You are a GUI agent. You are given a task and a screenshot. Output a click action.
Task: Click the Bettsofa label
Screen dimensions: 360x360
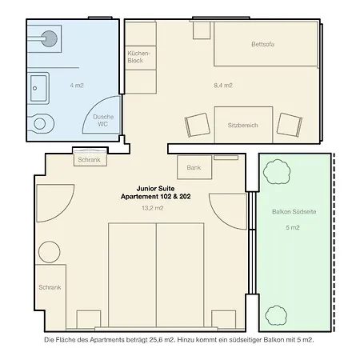(262, 44)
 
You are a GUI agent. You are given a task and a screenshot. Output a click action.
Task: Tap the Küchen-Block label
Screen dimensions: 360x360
(138, 57)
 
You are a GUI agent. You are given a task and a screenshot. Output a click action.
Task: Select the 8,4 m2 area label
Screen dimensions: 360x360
(223, 86)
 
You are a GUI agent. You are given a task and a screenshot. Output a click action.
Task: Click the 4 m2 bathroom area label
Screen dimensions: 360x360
(77, 86)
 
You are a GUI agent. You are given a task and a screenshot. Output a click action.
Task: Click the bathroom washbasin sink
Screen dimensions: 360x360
(38, 88)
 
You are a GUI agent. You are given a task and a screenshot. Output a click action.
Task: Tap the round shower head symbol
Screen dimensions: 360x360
(50, 38)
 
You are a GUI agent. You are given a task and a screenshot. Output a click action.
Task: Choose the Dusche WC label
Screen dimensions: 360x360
(103, 121)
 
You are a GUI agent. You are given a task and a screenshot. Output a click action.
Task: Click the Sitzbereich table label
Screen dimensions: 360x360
(242, 126)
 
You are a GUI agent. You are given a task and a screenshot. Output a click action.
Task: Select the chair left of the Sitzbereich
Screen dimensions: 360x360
(198, 125)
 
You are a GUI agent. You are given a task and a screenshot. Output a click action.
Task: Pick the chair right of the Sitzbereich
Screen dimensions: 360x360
(290, 125)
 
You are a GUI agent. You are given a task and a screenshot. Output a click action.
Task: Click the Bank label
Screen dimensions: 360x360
(194, 167)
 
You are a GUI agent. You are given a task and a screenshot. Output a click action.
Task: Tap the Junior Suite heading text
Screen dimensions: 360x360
(155, 189)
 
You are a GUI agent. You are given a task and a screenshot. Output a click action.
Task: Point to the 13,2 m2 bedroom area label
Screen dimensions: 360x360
(153, 208)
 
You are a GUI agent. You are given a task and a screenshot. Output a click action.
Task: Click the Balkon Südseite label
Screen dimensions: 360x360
(294, 212)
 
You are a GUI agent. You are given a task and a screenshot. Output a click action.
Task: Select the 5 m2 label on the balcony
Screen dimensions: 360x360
(293, 227)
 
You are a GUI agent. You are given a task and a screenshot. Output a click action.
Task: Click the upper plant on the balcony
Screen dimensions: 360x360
(277, 172)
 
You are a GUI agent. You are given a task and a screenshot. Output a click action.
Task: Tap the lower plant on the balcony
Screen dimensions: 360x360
(276, 315)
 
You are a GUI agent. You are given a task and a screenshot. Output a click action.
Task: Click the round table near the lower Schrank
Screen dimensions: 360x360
(50, 252)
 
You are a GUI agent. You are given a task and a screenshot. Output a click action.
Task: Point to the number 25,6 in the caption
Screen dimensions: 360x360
(156, 340)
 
